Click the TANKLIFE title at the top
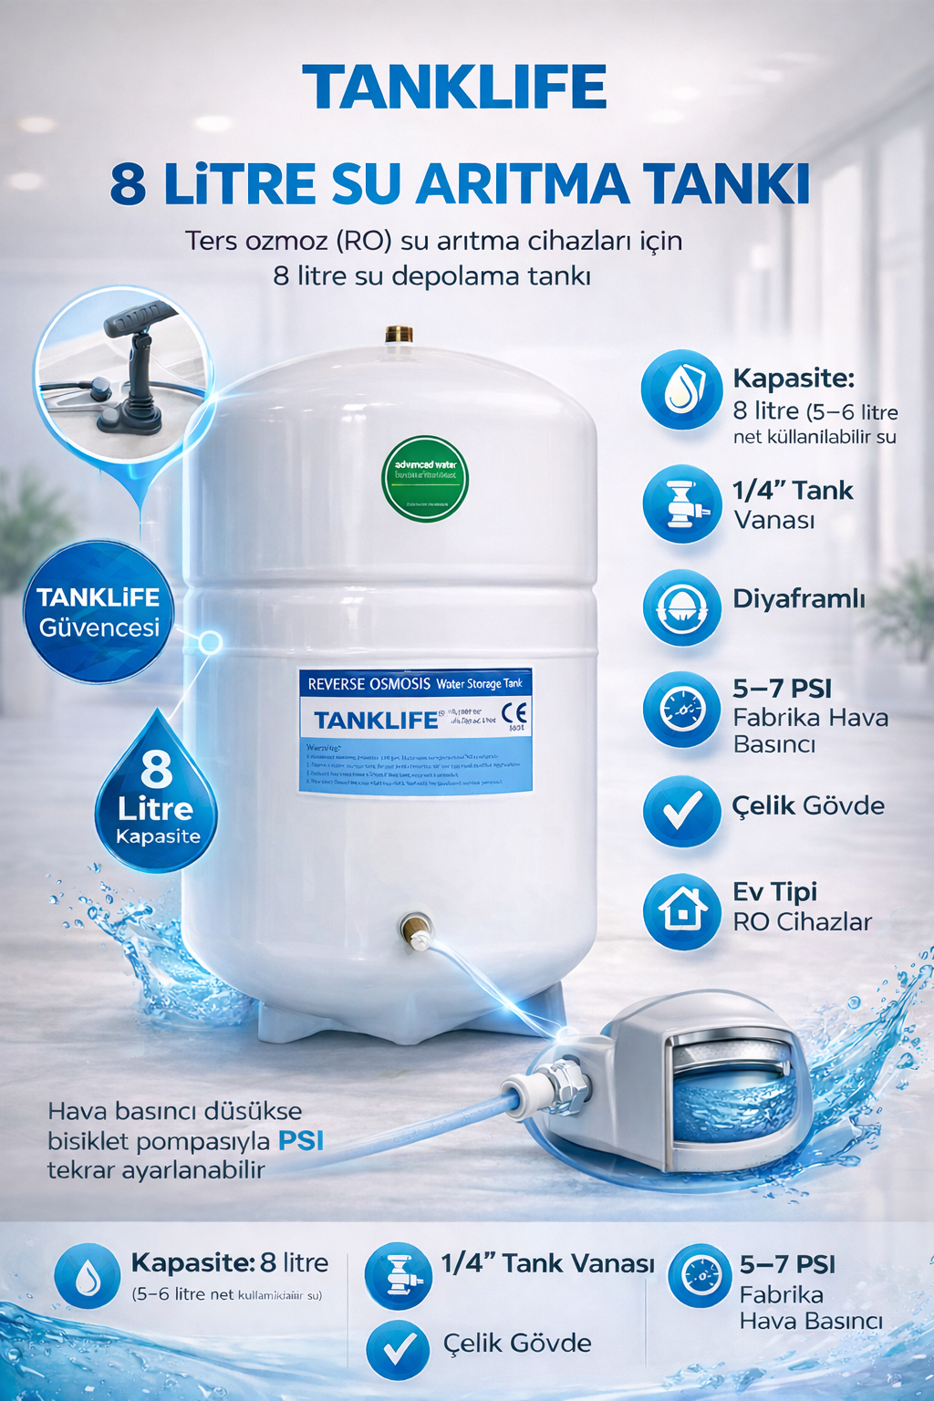(x=454, y=88)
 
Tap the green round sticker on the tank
(x=424, y=479)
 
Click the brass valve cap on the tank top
(x=399, y=334)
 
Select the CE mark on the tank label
(x=514, y=713)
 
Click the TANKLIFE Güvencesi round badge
(x=99, y=612)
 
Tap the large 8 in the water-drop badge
(x=157, y=768)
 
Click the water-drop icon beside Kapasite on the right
(x=681, y=390)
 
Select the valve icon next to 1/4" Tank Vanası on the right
(x=681, y=503)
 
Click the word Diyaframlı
(x=799, y=599)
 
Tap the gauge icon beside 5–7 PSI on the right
(x=681, y=710)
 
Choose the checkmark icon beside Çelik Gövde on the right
(x=681, y=810)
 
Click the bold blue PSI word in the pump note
(x=301, y=1141)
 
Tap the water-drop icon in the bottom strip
(x=88, y=1277)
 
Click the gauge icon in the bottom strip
(x=700, y=1275)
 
